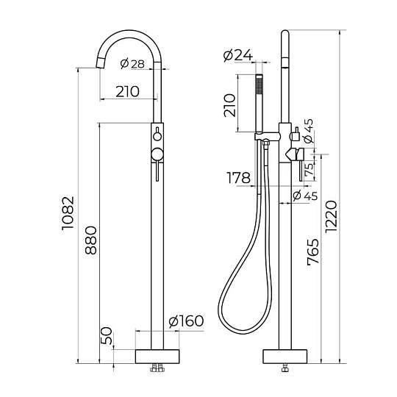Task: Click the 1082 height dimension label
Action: click(x=68, y=213)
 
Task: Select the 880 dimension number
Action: click(x=91, y=240)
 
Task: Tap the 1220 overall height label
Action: click(x=331, y=216)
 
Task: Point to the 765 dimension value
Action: click(x=313, y=252)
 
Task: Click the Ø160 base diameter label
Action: click(x=186, y=321)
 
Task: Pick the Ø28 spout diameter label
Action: click(x=132, y=63)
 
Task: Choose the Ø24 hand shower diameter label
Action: click(x=238, y=55)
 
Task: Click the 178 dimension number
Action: click(x=238, y=178)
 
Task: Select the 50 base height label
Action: click(x=107, y=336)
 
